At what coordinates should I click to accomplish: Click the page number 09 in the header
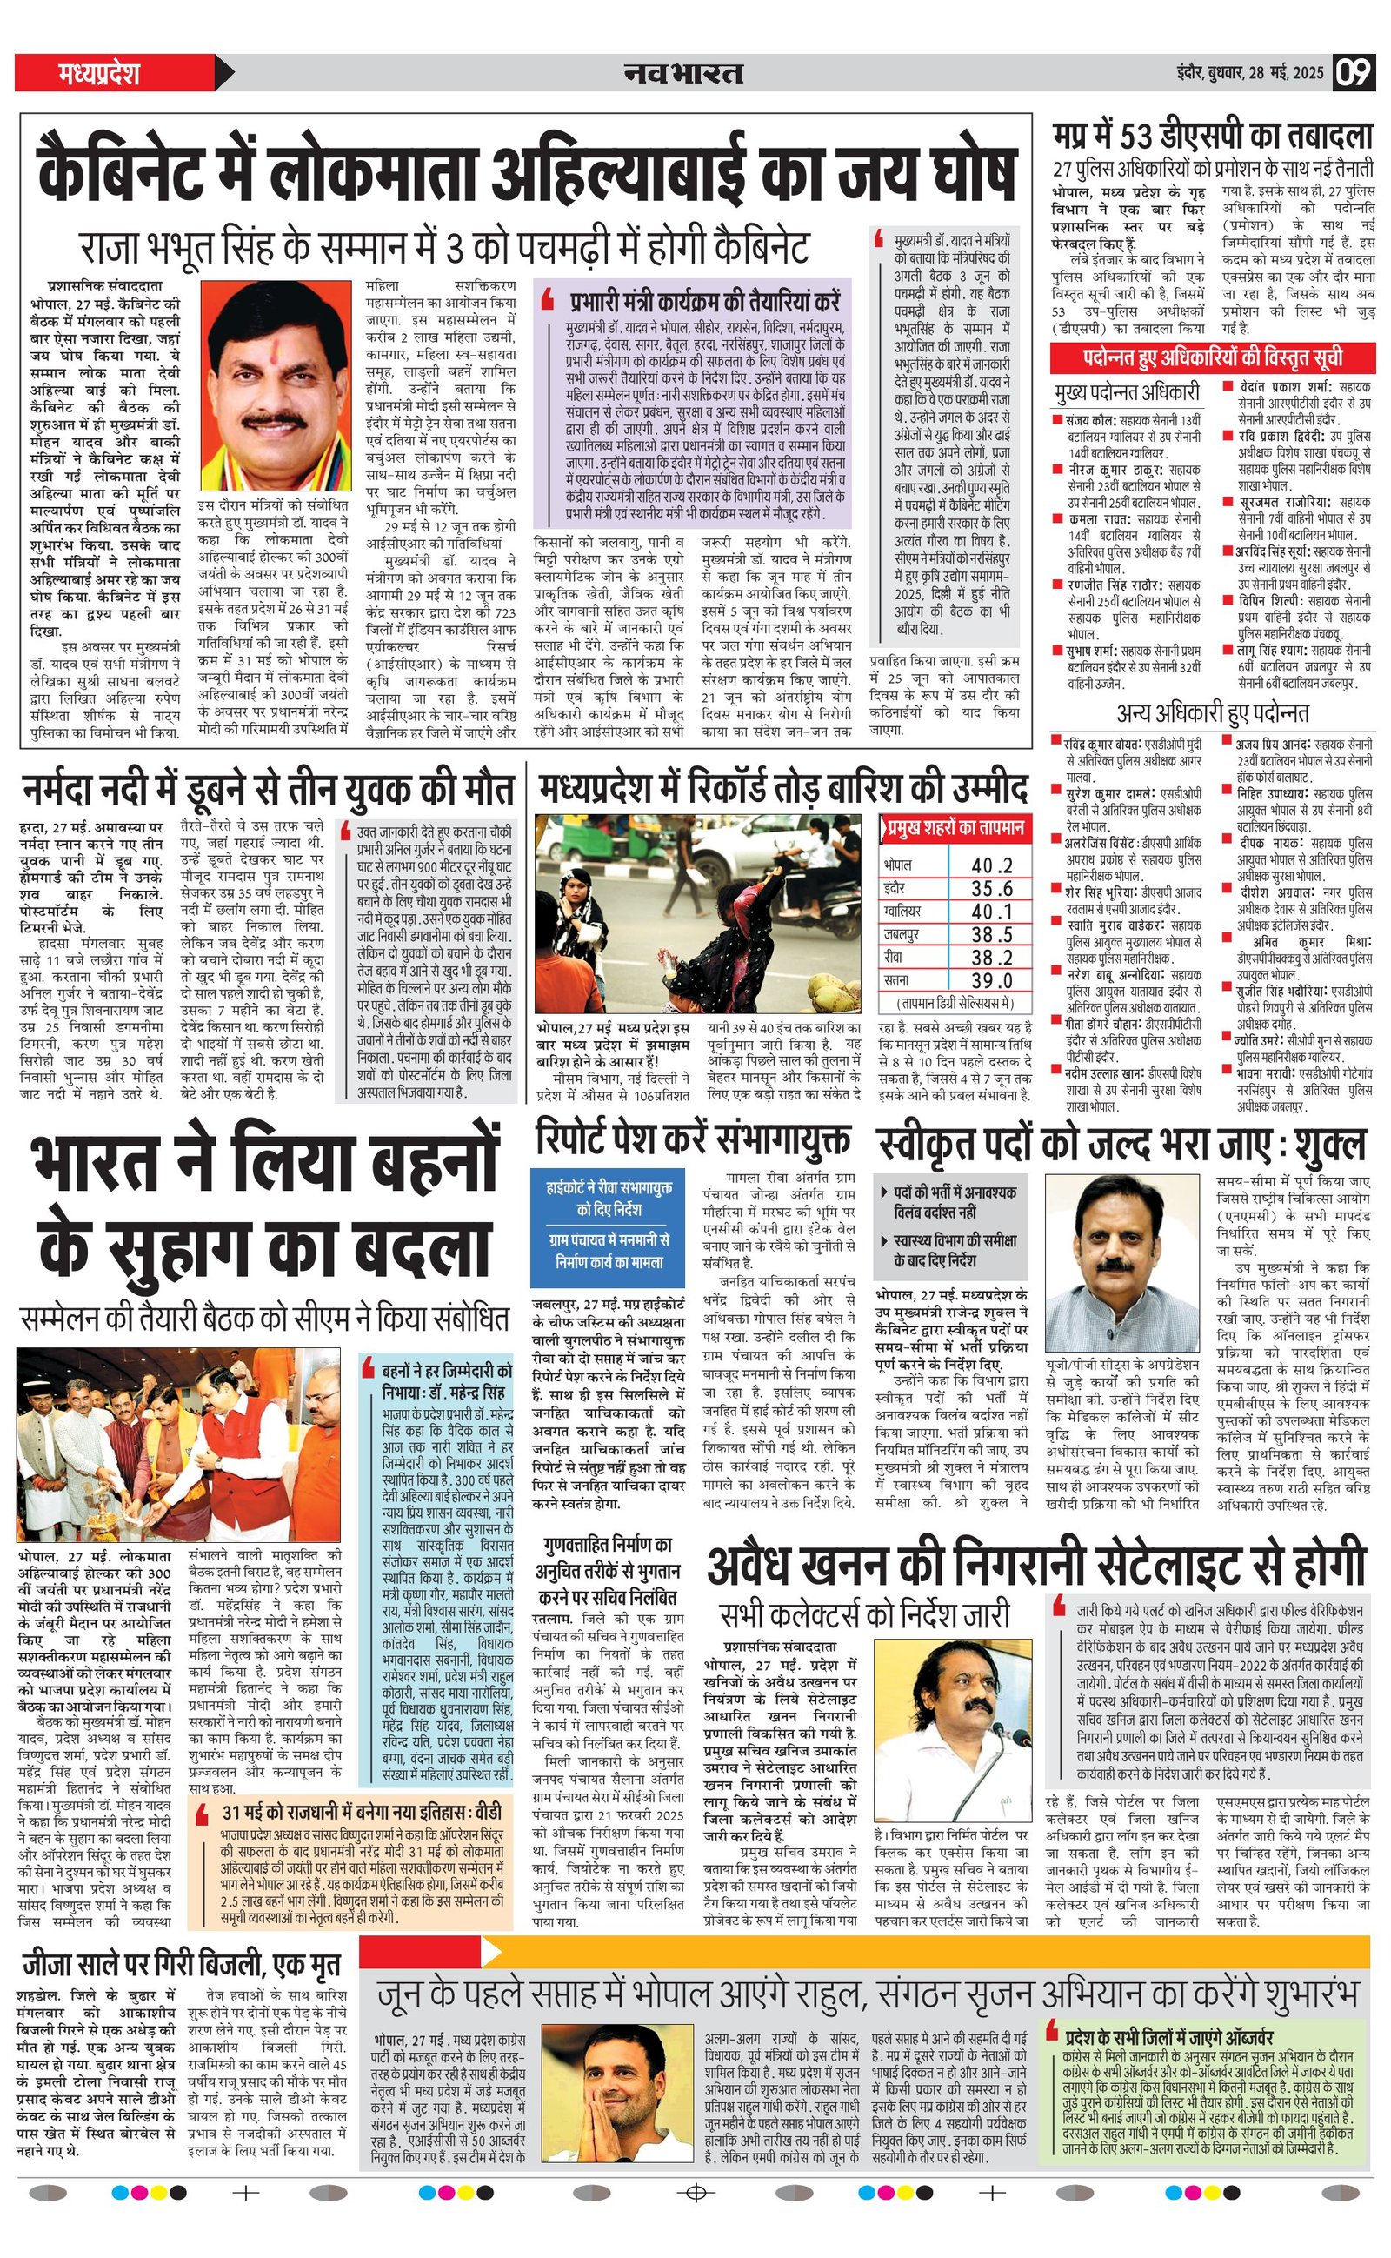pos(1354,73)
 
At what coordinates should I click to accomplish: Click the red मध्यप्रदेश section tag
pos(98,73)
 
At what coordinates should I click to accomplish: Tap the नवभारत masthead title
pos(682,73)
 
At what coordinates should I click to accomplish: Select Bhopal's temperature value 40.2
pos(991,865)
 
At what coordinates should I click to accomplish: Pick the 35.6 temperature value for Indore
pos(991,888)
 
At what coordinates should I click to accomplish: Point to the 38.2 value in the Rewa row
pos(991,957)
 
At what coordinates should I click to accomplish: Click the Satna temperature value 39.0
pos(991,981)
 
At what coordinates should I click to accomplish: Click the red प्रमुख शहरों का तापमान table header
pos(955,828)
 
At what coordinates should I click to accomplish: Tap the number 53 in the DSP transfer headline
pos(1136,138)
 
